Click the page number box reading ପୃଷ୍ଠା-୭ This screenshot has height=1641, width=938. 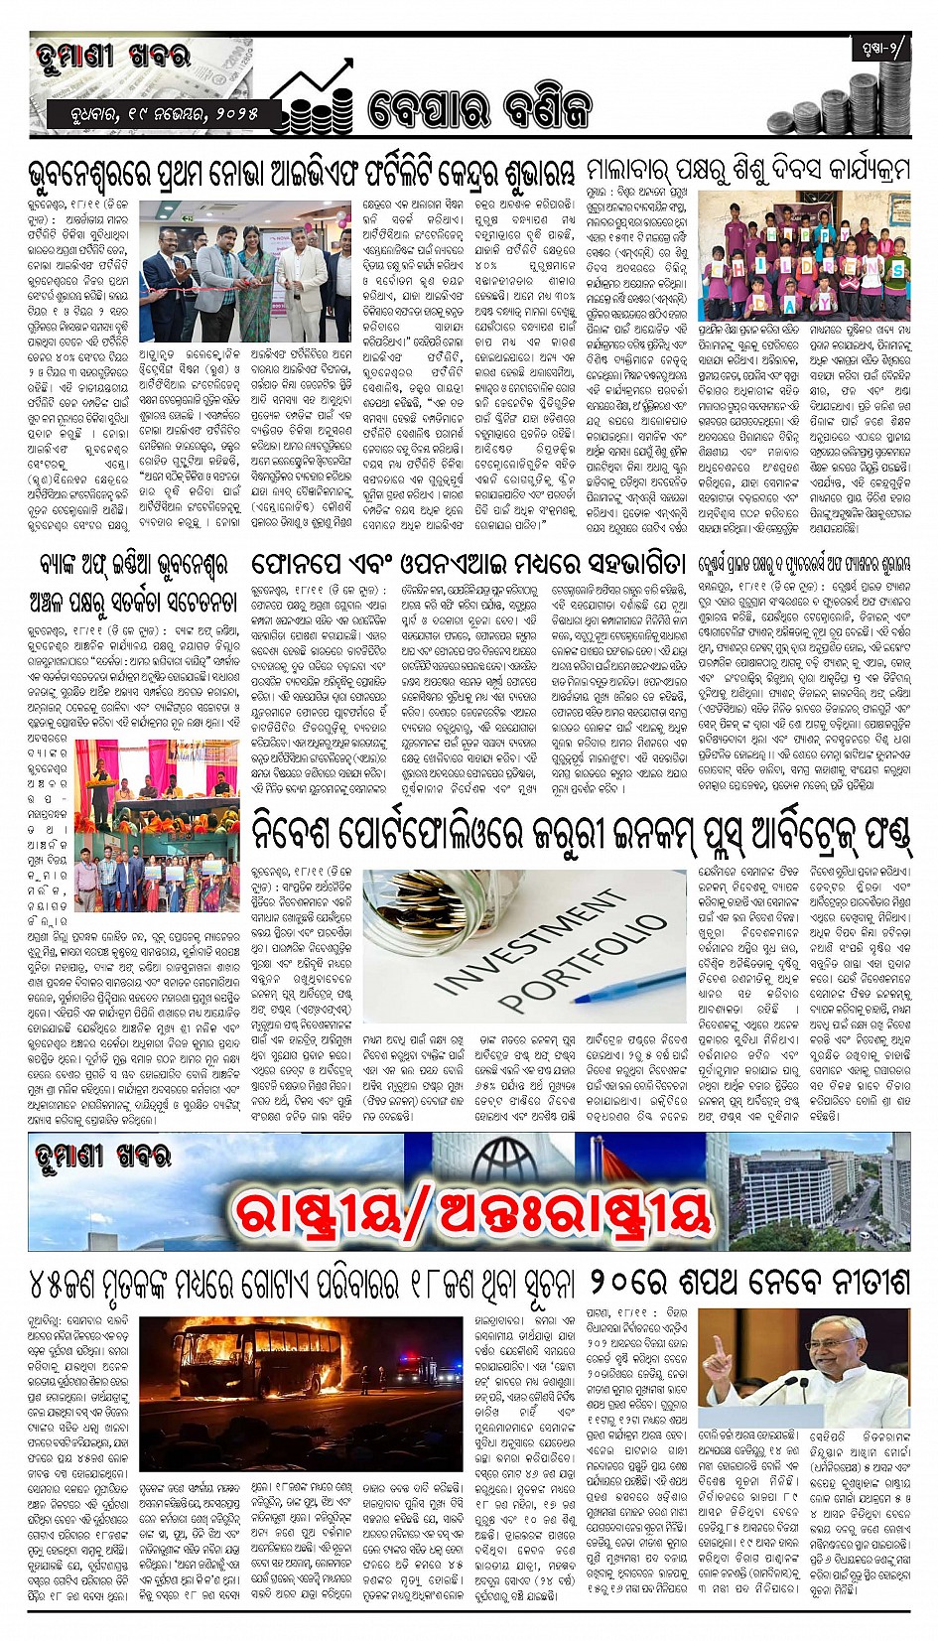coord(878,51)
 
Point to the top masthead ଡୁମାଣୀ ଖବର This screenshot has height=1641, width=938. coord(112,57)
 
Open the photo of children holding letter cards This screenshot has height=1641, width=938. coord(803,257)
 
